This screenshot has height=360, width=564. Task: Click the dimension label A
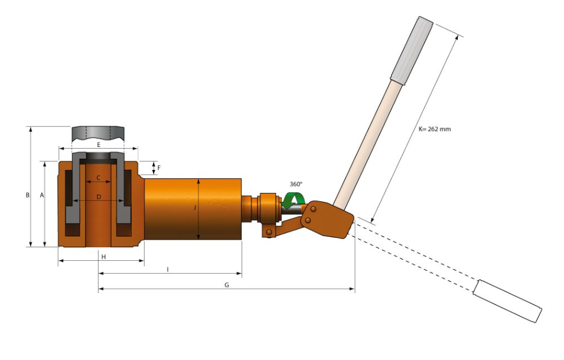(42, 195)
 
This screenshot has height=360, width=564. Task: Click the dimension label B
(28, 195)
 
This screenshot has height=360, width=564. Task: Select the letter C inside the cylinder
(98, 178)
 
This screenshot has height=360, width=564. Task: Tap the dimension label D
(99, 197)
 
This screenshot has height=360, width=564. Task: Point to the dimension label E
(99, 145)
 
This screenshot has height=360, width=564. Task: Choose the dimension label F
(159, 168)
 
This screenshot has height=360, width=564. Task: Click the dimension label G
(227, 285)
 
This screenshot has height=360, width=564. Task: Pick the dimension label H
(103, 257)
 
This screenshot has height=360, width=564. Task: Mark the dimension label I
(168, 270)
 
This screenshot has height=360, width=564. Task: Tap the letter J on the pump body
(194, 207)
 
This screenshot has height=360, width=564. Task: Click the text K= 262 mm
(435, 129)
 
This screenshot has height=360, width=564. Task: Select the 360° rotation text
(296, 184)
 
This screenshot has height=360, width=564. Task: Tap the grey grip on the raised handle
(411, 51)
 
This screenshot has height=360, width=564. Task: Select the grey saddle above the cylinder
(98, 134)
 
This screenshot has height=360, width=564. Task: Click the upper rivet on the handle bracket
(313, 209)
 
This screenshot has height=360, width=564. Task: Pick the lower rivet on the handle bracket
(308, 220)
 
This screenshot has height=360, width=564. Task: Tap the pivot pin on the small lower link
(269, 232)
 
